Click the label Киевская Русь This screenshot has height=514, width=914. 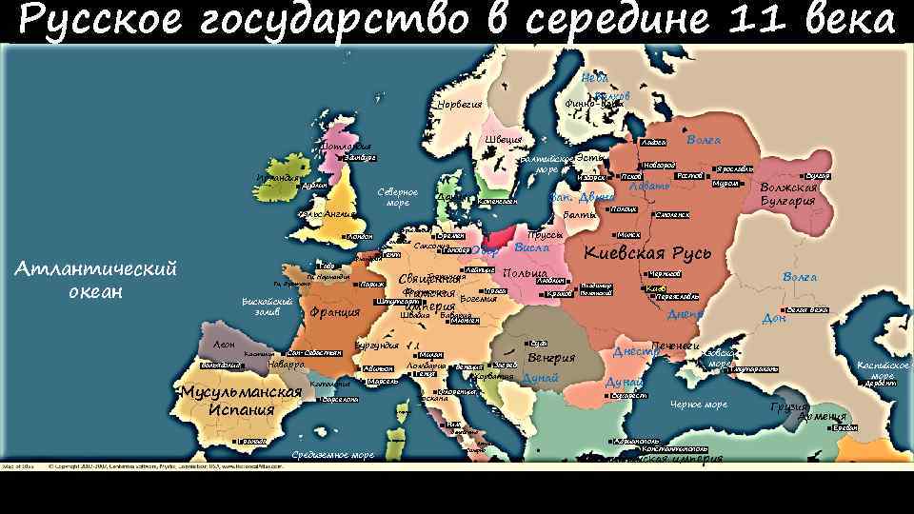pos(646,252)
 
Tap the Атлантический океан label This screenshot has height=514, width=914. pos(96,280)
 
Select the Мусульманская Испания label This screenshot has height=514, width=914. pos(242,401)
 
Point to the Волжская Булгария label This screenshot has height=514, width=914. pos(788,194)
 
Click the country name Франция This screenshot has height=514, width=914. pos(335,311)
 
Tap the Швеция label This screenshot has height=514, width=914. pos(505,142)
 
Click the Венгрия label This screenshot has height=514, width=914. pos(551,358)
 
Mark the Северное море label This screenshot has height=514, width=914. pos(398,197)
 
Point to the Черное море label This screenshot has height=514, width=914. pos(699,405)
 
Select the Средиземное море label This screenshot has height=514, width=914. pos(333,455)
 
